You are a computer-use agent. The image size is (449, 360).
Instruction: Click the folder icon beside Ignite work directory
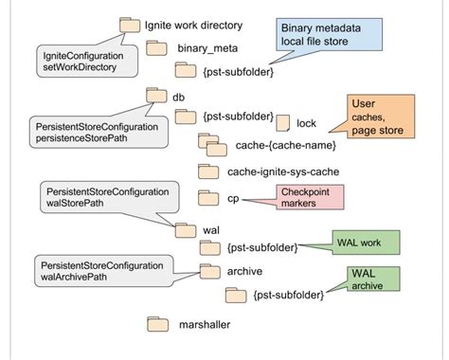(129, 25)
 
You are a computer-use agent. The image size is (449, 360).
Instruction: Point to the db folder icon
(156, 96)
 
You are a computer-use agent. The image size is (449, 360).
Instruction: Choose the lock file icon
(282, 122)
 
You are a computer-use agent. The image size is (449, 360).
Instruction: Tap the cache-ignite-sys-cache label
(283, 171)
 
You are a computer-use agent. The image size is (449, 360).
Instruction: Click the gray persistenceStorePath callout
(83, 132)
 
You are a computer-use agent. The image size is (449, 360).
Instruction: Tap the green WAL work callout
(365, 243)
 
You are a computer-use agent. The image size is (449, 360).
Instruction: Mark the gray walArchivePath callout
(104, 269)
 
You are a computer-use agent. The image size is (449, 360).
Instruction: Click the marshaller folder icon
(157, 324)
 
